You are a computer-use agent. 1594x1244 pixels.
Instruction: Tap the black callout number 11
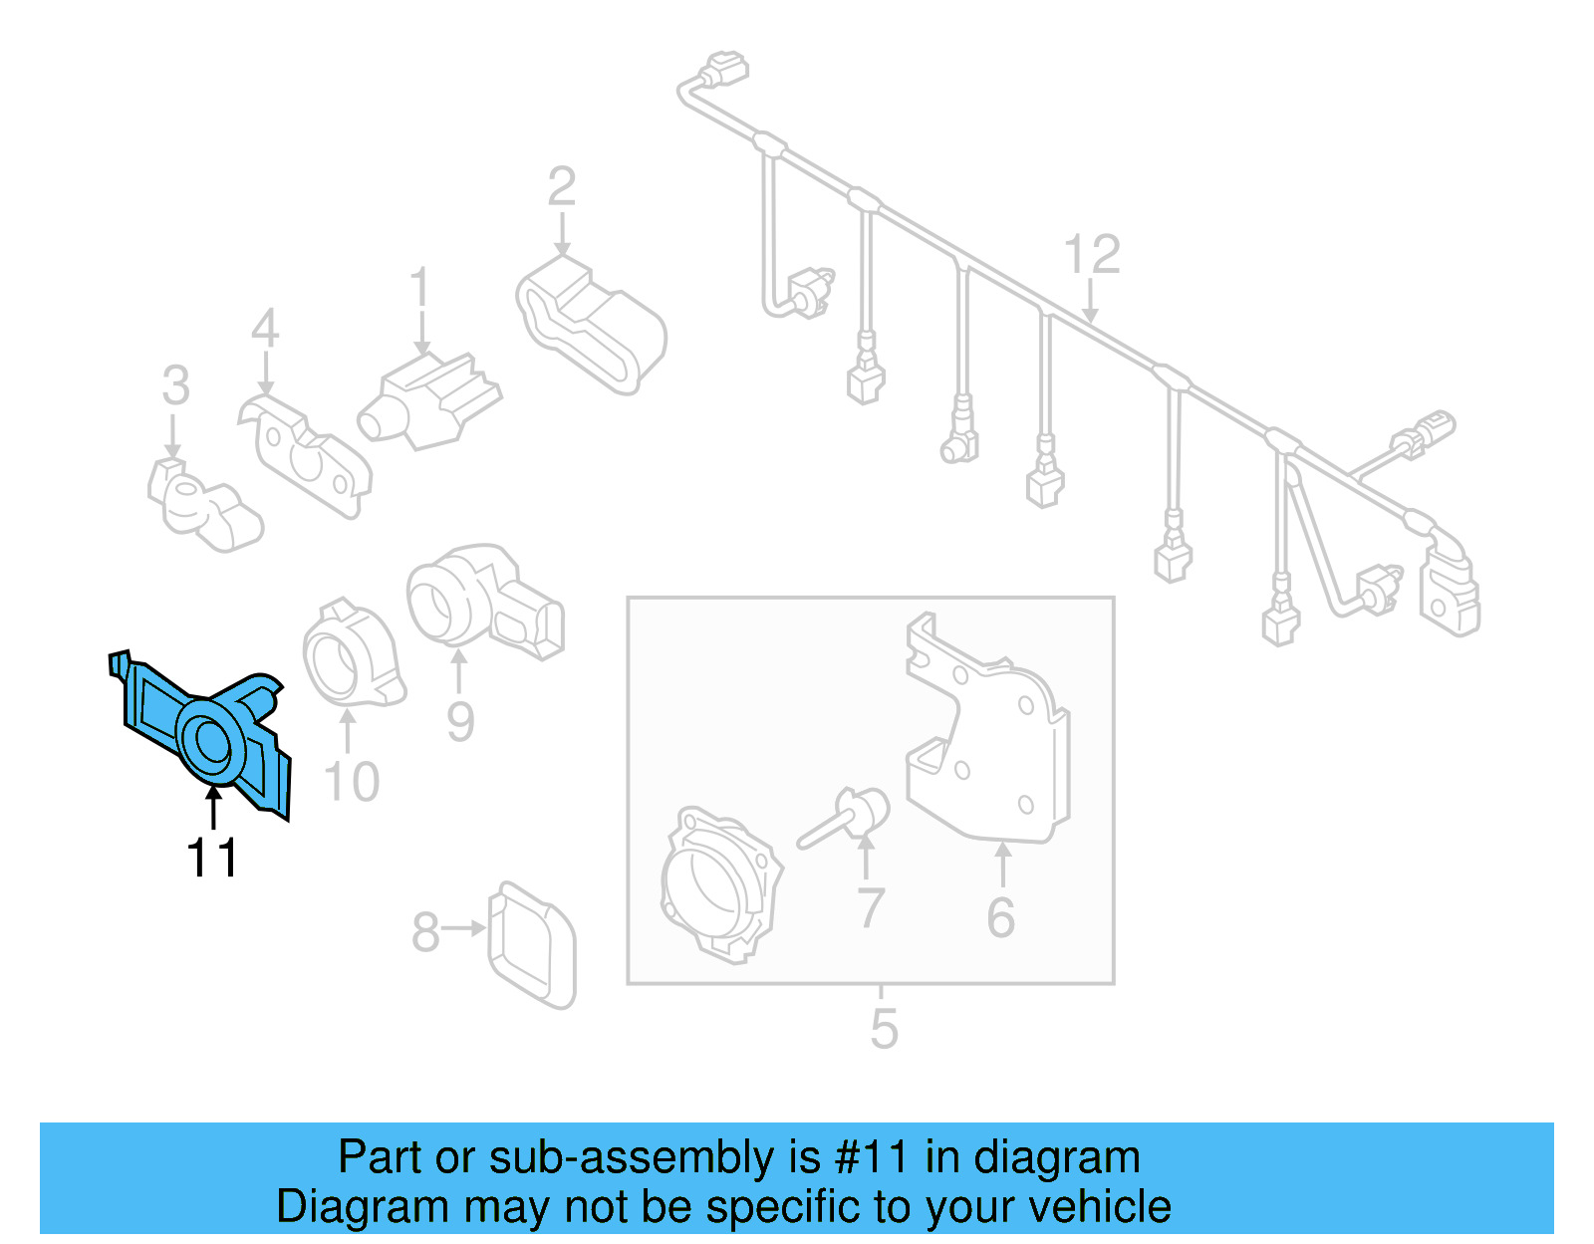click(212, 859)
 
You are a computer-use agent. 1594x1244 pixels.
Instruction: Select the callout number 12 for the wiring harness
click(1092, 255)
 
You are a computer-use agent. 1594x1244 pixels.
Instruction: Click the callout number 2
click(562, 187)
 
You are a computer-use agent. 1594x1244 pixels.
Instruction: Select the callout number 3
click(175, 385)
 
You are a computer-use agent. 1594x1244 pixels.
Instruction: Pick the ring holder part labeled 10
click(352, 657)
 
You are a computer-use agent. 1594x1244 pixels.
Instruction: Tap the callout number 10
click(352, 782)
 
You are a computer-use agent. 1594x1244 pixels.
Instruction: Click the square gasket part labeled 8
click(532, 943)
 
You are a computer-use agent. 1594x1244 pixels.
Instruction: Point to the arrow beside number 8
click(463, 928)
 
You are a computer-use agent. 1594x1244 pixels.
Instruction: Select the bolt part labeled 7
click(847, 818)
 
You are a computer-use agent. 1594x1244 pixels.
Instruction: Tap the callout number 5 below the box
click(884, 1029)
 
